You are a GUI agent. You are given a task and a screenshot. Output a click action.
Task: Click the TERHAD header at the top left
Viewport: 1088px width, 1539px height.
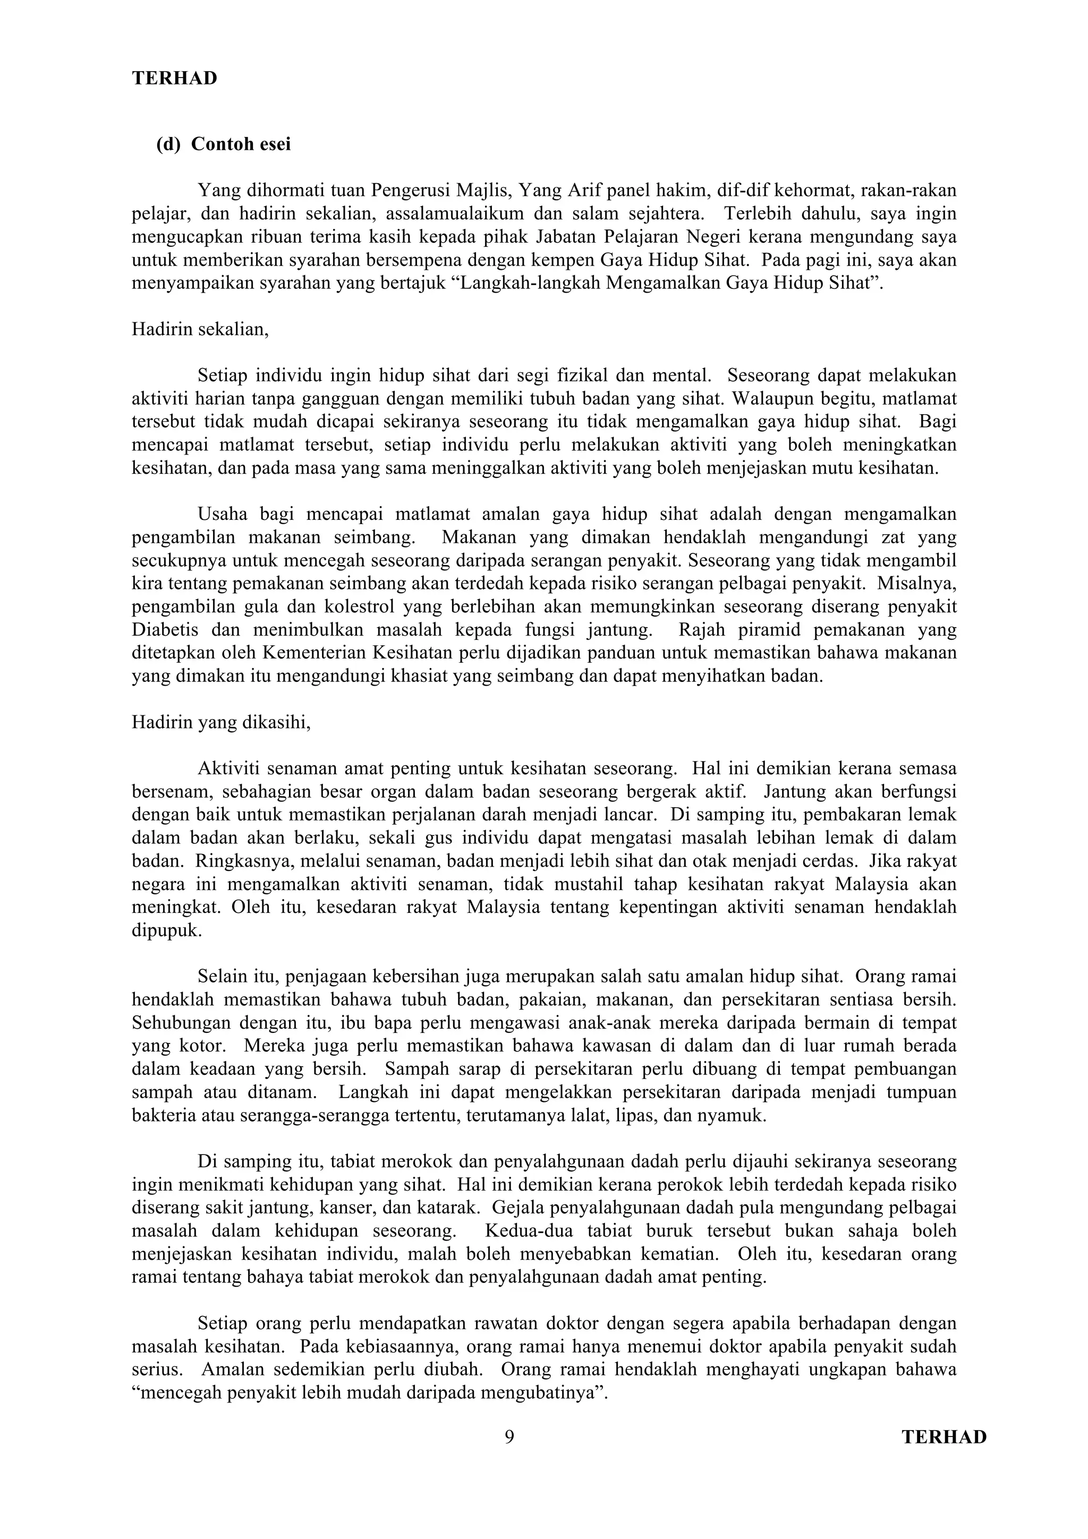tap(174, 79)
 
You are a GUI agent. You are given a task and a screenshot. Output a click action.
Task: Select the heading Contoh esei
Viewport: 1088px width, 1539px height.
tap(241, 144)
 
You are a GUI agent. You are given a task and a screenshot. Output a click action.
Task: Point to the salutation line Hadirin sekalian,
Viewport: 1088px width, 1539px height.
tap(200, 329)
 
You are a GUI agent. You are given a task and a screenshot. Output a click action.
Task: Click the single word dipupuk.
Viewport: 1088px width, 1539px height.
tap(166, 931)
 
